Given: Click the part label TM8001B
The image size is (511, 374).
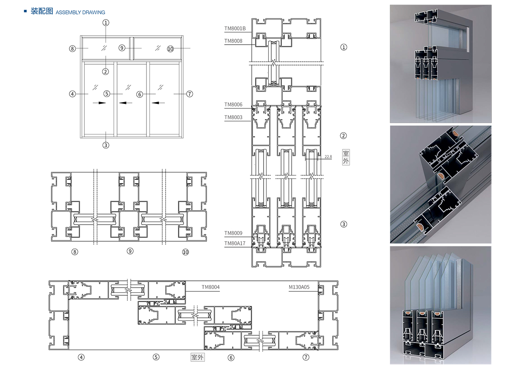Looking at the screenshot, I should (235, 29).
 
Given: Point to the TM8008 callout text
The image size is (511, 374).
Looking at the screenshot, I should (233, 41).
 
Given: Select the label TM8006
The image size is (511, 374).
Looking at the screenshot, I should (233, 105).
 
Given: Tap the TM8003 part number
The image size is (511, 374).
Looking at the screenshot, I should (233, 117).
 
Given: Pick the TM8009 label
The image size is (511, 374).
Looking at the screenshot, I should (233, 233).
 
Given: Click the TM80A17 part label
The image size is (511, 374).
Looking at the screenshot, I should (235, 243).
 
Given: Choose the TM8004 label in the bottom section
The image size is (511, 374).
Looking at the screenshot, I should (211, 287).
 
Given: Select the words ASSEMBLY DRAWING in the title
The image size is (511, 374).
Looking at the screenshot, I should (80, 13).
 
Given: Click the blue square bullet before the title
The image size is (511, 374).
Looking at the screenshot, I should (25, 11).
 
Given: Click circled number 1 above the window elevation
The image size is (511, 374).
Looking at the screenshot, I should (106, 23).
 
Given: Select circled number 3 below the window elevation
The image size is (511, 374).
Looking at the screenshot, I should (106, 145).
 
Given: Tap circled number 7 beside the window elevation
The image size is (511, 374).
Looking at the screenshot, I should (190, 94).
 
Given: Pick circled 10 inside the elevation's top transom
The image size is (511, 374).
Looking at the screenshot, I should (171, 49).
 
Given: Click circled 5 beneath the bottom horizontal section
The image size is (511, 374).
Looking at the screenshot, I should (156, 357).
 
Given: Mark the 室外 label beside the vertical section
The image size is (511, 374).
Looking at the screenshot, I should (346, 157).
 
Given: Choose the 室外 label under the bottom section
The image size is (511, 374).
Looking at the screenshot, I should (198, 357).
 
